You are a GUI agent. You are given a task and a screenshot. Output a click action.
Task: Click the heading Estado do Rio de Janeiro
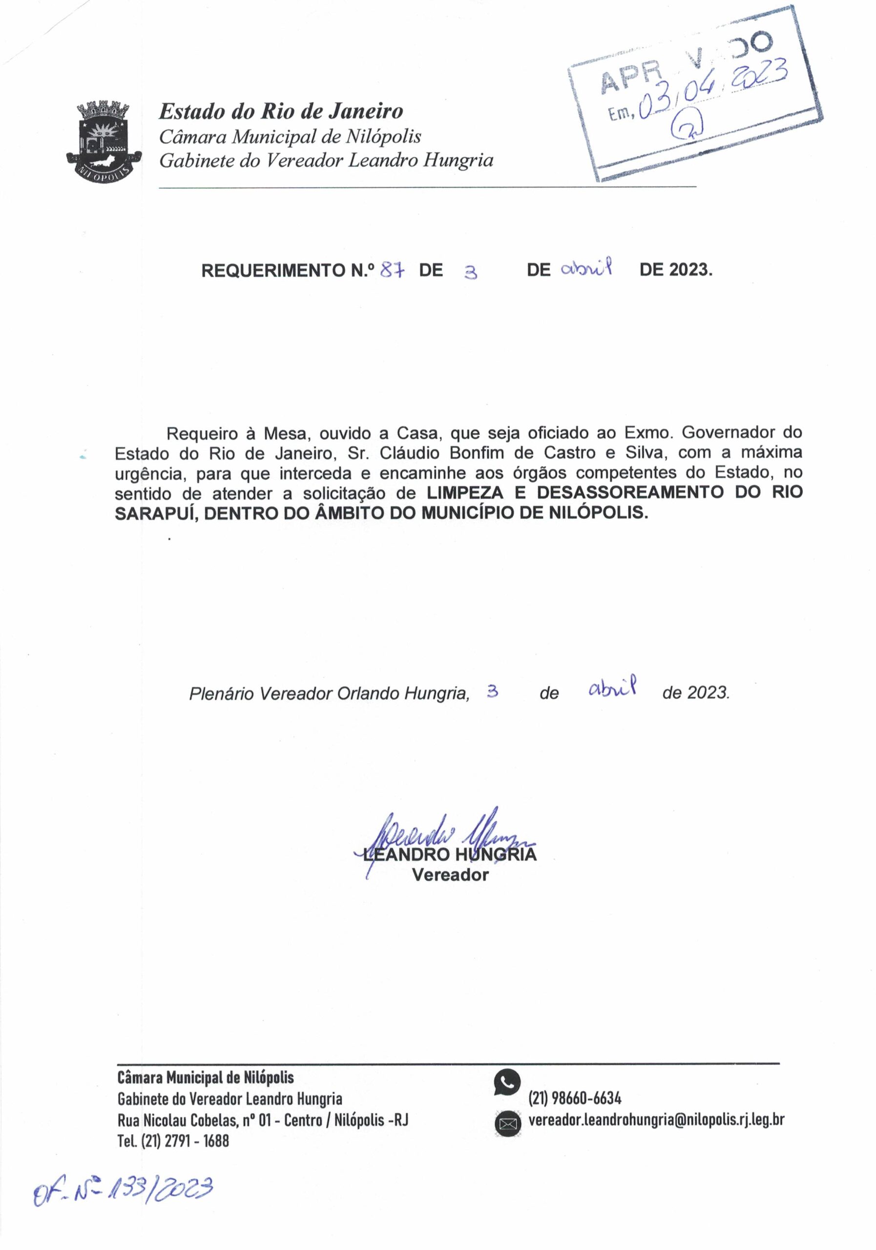point(281,112)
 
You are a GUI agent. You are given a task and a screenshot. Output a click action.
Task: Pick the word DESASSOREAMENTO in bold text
point(630,492)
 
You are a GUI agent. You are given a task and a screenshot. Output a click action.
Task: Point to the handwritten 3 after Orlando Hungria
point(493,692)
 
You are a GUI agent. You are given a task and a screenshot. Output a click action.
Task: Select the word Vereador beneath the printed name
point(450,875)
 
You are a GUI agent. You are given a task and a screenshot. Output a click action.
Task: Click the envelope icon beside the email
point(507,1123)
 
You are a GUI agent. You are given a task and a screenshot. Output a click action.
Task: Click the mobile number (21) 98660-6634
point(575,1098)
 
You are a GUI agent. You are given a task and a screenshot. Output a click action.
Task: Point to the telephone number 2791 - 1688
point(185,1141)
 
